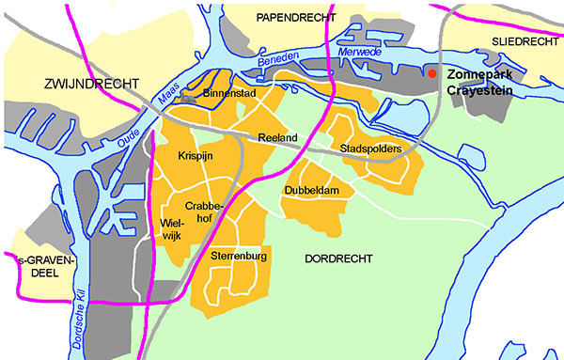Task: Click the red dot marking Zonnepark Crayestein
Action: click(431, 73)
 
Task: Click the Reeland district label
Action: click(277, 138)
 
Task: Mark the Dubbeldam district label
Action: click(310, 191)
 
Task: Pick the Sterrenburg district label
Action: click(241, 256)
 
